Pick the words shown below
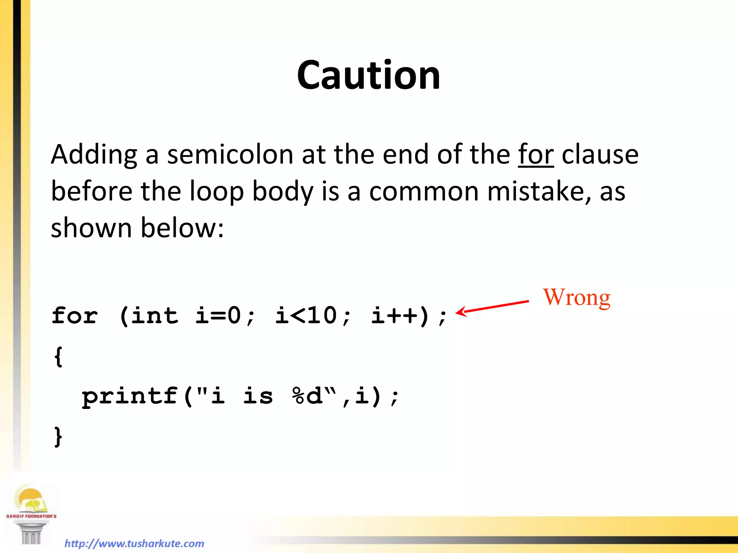click(x=137, y=228)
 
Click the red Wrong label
click(x=577, y=297)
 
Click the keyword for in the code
click(x=75, y=316)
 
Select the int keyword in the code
click(x=154, y=316)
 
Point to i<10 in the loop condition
click(x=306, y=316)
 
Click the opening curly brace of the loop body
click(x=58, y=356)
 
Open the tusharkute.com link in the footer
click(x=134, y=543)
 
